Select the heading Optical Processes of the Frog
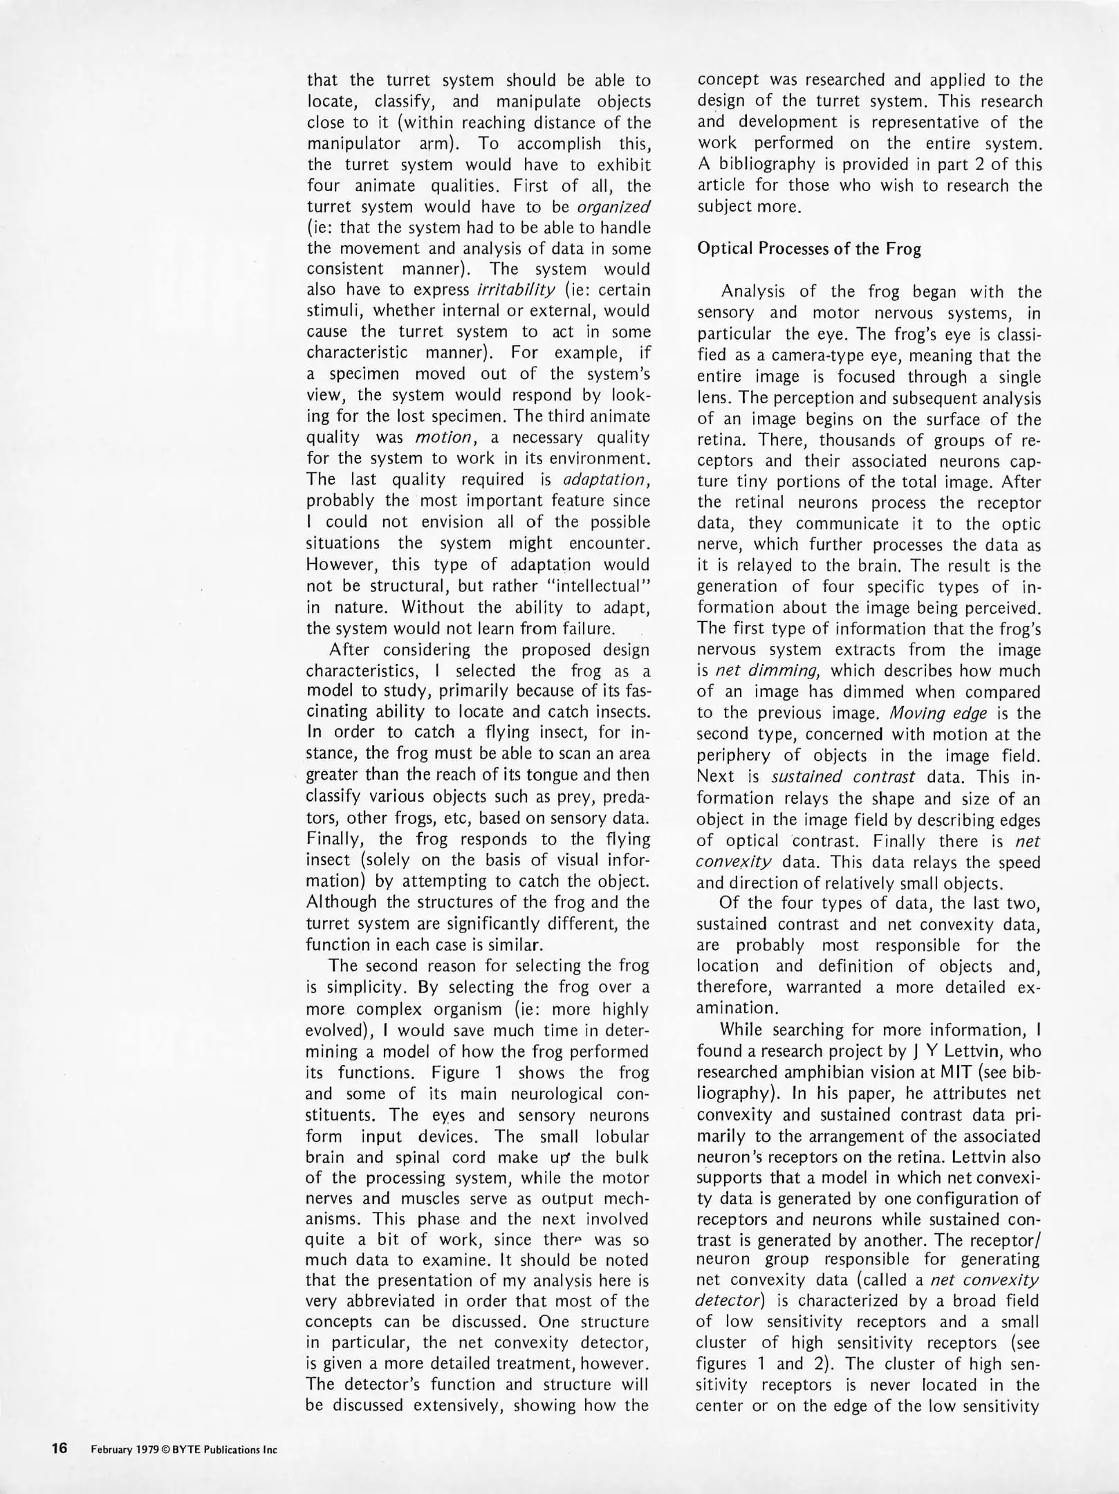[x=808, y=249]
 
